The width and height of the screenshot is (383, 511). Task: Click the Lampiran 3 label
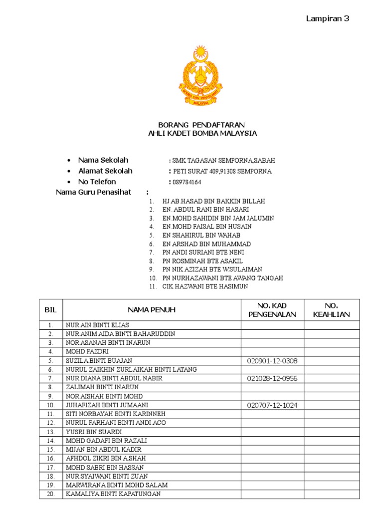[327, 19]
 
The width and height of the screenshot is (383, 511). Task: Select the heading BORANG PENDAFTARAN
[201, 124]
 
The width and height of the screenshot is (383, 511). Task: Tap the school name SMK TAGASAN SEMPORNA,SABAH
[223, 161]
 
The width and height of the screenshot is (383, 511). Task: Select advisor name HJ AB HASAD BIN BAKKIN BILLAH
[213, 201]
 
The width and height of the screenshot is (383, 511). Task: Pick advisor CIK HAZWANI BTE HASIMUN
[205, 286]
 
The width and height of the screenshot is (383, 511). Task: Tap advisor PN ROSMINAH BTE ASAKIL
[202, 261]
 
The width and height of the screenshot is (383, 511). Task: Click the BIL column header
[51, 310]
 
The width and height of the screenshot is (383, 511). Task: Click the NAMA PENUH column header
[151, 310]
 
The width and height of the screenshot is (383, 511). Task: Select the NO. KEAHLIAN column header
[332, 310]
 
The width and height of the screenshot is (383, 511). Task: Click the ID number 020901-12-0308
[272, 361]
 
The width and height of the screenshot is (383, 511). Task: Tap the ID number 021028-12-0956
[272, 379]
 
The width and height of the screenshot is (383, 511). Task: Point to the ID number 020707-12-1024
[272, 405]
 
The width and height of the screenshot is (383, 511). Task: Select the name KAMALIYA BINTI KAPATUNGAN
[113, 494]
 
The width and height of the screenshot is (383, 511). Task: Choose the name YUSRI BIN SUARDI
[94, 432]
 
